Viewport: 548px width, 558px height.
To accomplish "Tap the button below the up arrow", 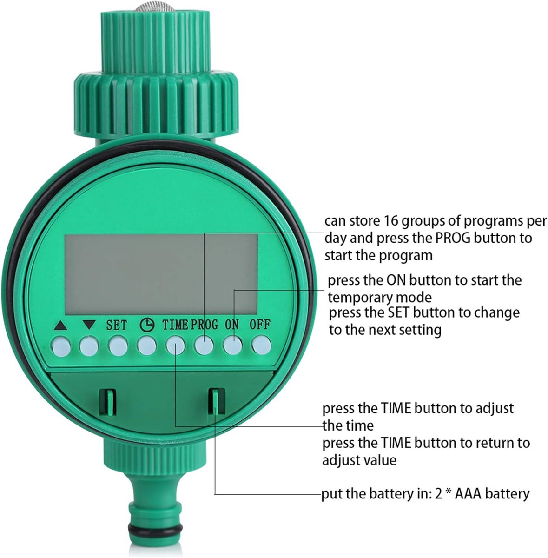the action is tap(61, 346).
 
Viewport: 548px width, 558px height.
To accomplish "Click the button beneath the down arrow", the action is tap(89, 346).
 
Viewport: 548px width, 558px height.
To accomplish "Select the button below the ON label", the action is tap(233, 345).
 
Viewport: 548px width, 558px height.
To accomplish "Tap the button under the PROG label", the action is tap(204, 345).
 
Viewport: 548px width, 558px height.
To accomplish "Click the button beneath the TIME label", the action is tap(175, 345).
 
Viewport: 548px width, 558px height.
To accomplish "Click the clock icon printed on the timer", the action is tap(147, 325).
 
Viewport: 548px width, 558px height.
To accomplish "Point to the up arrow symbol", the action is tap(60, 326).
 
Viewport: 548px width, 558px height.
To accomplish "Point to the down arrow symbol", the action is tap(89, 324).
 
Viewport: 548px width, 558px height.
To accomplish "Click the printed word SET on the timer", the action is tap(116, 325).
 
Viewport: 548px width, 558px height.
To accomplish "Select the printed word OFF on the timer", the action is tap(260, 324).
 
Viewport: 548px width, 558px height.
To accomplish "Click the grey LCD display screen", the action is tap(161, 274).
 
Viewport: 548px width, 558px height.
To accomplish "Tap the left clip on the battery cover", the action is tap(108, 402).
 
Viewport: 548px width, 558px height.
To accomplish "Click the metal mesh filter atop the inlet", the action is tap(155, 7).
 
